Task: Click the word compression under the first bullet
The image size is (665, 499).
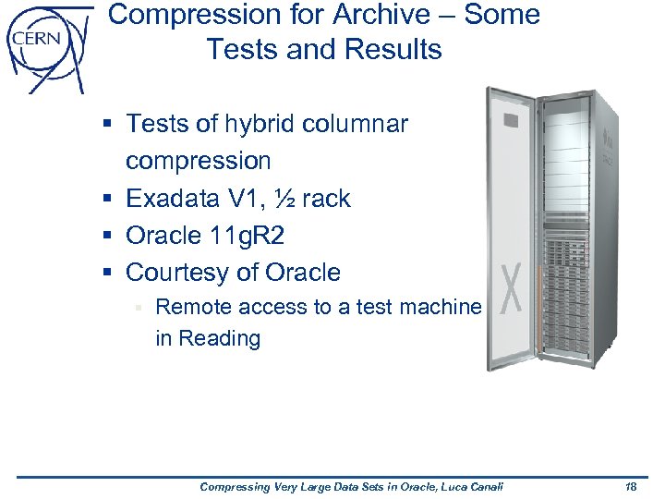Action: (198, 161)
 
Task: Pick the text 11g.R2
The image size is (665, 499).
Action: (250, 236)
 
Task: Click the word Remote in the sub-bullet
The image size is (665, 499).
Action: (195, 307)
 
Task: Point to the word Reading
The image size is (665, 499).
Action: (222, 338)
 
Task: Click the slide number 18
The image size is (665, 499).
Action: (632, 487)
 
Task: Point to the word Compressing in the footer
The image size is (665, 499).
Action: (236, 487)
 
